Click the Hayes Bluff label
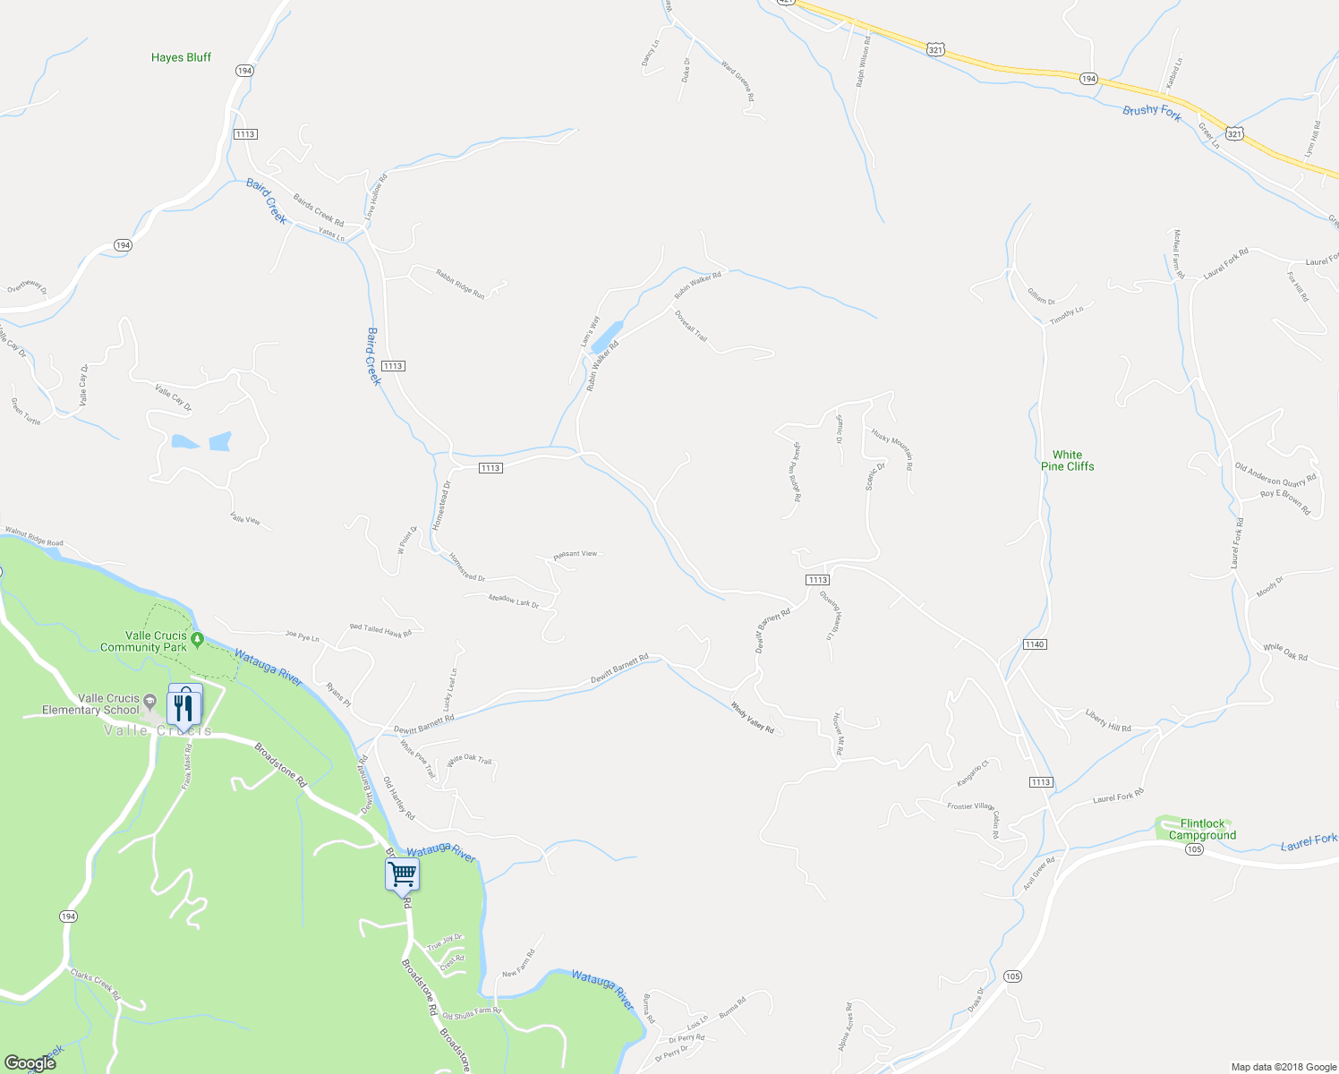[181, 57]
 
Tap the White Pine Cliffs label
[1067, 461]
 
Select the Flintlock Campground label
[1202, 830]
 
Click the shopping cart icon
[403, 874]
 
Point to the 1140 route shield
[1035, 644]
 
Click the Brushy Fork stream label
[1152, 112]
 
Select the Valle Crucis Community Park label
[143, 642]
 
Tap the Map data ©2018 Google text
[1282, 1067]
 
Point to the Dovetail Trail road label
[691, 327]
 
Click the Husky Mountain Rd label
[892, 448]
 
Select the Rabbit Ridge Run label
[460, 284]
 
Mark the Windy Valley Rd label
[753, 718]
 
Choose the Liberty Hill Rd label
[1108, 720]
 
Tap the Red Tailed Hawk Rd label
[380, 630]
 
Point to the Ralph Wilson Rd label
[862, 61]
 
